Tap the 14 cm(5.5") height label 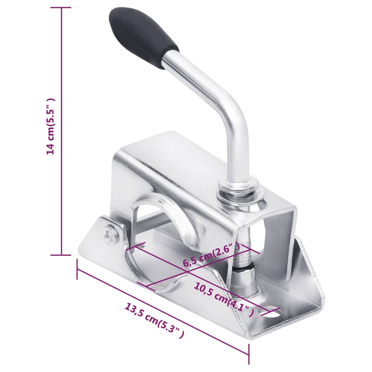50,127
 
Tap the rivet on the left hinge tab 109,235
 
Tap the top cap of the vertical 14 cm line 61,8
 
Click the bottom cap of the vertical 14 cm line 61,255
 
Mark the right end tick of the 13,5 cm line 249,354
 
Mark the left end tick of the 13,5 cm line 77,269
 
